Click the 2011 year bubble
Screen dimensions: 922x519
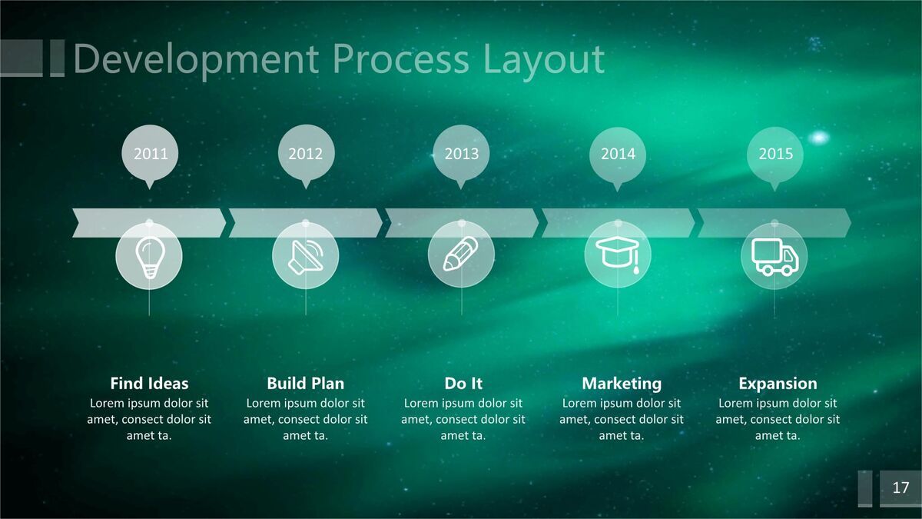click(x=150, y=154)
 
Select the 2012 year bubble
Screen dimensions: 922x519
click(x=306, y=154)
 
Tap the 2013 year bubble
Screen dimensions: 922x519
click(x=462, y=154)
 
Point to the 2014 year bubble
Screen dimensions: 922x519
click(x=618, y=155)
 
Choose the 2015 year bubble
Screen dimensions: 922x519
click(x=775, y=155)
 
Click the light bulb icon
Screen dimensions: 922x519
click(x=150, y=258)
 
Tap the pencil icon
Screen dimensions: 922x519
click(x=460, y=254)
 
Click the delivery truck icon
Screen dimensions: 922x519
click(x=775, y=257)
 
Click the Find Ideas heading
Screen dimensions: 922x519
click(x=149, y=384)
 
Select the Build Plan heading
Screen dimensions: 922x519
click(x=306, y=384)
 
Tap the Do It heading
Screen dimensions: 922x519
click(x=463, y=384)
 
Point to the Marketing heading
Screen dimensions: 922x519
click(x=622, y=384)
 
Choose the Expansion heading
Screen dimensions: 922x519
click(x=778, y=384)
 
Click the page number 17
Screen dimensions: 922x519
click(x=900, y=487)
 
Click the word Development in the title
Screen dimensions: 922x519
click(x=196, y=59)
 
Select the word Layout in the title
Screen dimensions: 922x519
click(x=544, y=60)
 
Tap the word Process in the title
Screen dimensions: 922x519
click(x=401, y=59)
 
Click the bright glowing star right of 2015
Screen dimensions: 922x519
click(x=819, y=137)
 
